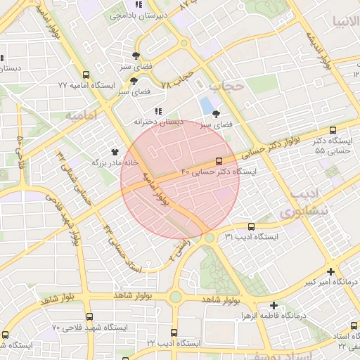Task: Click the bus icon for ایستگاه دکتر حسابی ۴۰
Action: [219, 161]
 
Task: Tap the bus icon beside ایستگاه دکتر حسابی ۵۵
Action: [333, 130]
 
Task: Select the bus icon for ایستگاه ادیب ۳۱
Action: [251, 226]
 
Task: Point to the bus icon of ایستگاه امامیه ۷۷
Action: [86, 75]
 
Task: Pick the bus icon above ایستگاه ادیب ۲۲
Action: [174, 333]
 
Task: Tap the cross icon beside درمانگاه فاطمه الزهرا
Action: [274, 307]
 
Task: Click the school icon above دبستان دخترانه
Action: [158, 111]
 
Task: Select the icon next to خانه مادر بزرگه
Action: [115, 151]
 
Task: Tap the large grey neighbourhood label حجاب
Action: [226, 87]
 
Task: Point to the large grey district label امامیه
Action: [80, 114]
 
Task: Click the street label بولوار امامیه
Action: [155, 186]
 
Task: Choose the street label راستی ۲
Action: [181, 249]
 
